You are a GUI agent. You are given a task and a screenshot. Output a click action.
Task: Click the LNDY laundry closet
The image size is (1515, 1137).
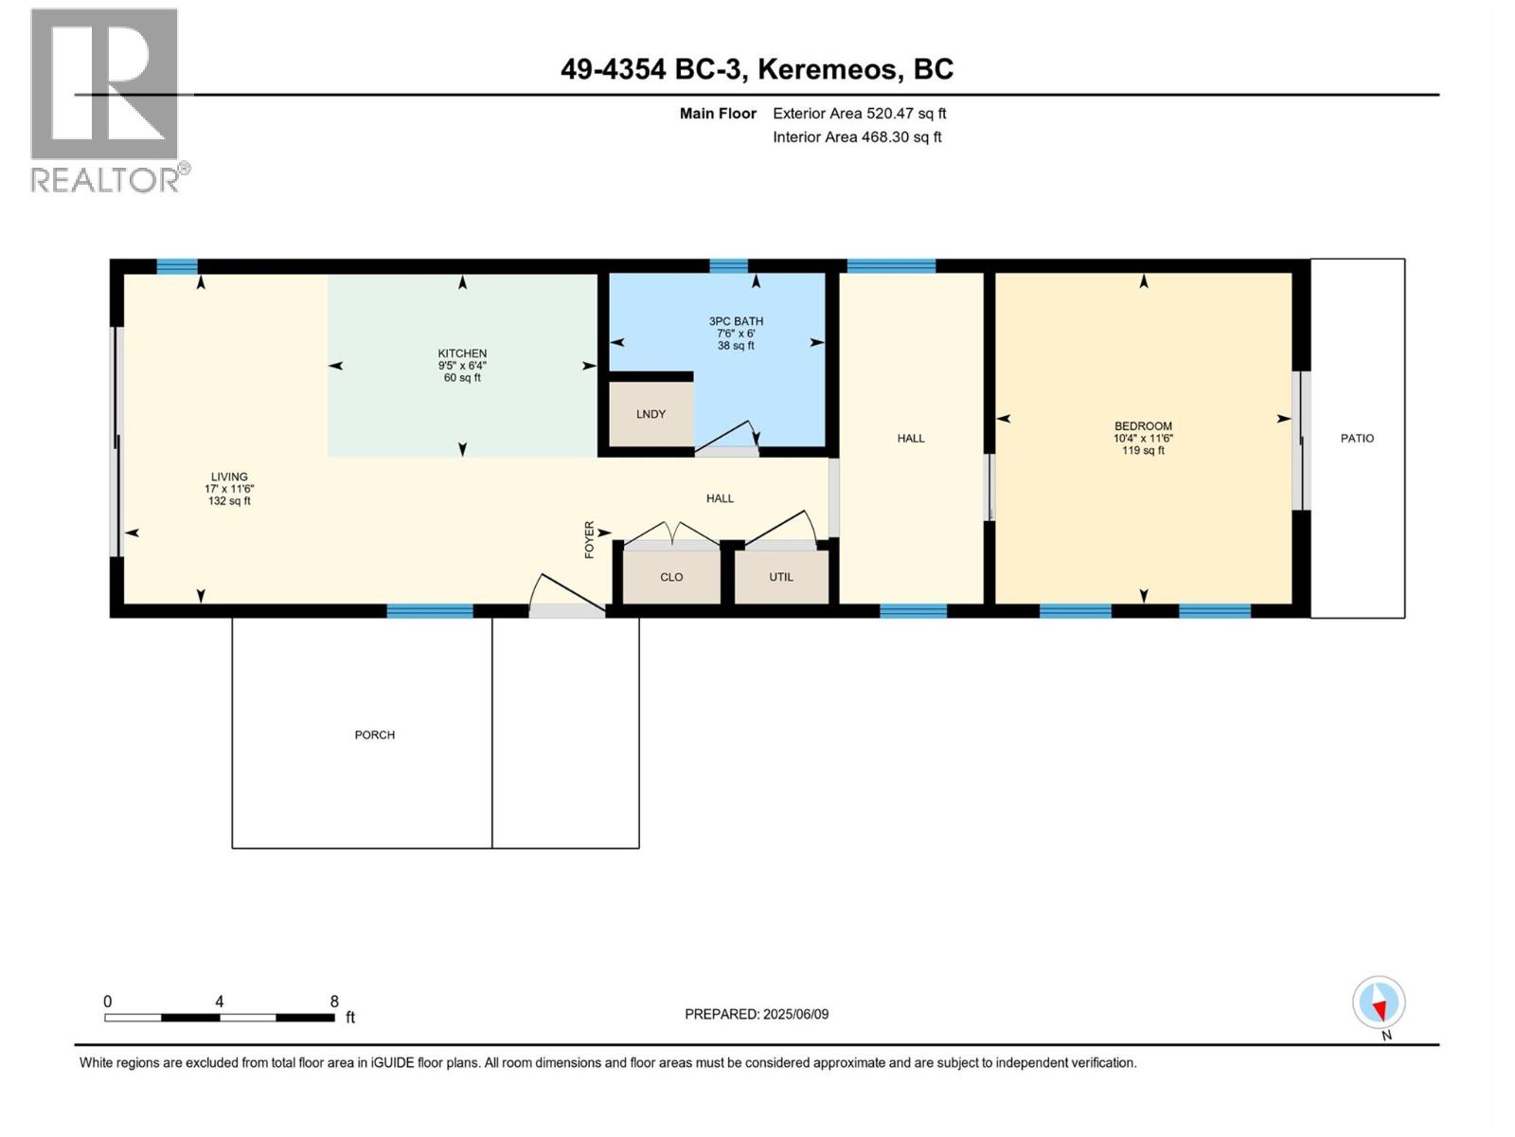click(x=651, y=414)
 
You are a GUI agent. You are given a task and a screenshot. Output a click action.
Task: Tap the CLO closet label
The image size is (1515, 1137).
click(x=671, y=577)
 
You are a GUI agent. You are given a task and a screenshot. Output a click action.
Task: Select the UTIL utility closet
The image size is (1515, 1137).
click(x=781, y=577)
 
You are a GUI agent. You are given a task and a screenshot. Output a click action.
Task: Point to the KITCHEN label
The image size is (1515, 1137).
click(x=462, y=353)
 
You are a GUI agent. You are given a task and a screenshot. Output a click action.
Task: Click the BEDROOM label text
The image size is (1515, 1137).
click(x=1143, y=426)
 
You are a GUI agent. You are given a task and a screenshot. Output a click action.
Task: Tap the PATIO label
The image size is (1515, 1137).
click(x=1357, y=438)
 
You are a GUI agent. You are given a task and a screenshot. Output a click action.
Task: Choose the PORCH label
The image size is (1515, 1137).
click(x=375, y=734)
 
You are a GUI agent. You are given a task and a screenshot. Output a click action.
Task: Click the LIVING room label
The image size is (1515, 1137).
click(x=229, y=477)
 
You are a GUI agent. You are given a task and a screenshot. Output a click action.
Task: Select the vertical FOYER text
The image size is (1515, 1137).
click(x=589, y=539)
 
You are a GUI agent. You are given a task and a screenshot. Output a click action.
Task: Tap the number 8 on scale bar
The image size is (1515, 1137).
click(x=334, y=1002)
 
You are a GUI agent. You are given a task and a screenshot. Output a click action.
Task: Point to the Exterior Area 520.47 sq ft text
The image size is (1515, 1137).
click(x=859, y=113)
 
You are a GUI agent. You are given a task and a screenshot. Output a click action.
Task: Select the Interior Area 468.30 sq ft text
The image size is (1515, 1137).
click(x=856, y=136)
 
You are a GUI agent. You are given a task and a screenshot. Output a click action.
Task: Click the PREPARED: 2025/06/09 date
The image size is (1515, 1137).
click(x=757, y=1014)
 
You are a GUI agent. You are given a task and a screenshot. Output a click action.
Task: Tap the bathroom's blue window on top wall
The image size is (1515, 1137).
click(x=728, y=266)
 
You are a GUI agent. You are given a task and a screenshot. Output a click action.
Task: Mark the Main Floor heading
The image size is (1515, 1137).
click(x=718, y=113)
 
